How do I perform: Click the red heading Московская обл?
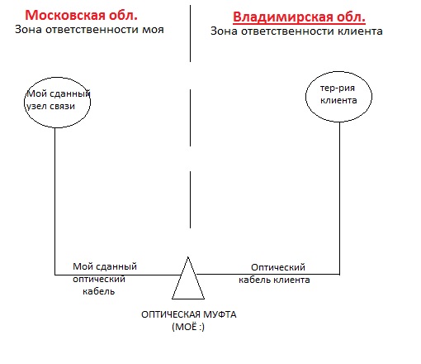click(81, 15)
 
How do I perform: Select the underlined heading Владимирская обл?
click(299, 17)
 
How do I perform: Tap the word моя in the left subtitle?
click(153, 30)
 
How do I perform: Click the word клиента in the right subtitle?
click(360, 31)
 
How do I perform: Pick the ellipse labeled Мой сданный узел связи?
click(24, 103)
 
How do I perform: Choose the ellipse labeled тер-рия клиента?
click(305, 97)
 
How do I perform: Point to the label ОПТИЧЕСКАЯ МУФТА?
click(189, 314)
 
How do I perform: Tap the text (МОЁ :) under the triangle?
click(188, 327)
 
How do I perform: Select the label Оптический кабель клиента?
click(274, 274)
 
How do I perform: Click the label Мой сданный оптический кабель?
click(105, 279)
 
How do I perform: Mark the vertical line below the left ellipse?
click(55, 201)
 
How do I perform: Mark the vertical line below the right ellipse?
click(339, 199)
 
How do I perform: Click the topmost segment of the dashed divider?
click(190, 33)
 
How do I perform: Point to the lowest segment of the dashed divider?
click(190, 199)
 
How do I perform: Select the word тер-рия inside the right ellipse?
click(338, 89)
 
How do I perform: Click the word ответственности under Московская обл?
click(92, 30)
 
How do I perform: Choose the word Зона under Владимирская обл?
click(225, 31)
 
